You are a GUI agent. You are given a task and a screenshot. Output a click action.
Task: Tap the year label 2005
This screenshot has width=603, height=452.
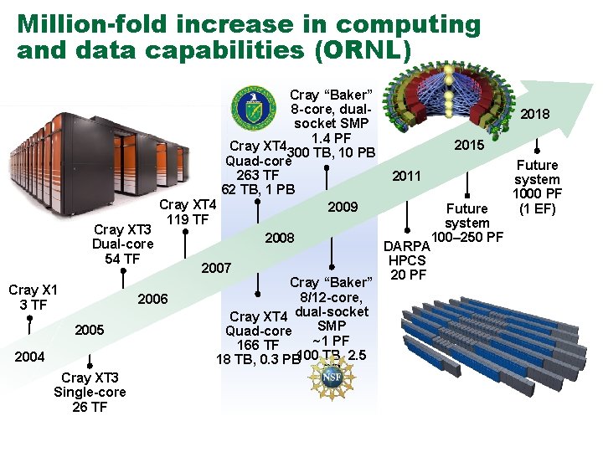[90, 330]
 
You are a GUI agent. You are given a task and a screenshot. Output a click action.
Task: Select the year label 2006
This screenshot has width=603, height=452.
[152, 300]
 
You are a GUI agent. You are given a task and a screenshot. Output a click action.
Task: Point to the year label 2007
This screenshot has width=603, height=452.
[216, 269]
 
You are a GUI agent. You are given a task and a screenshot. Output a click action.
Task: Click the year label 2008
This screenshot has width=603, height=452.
[280, 239]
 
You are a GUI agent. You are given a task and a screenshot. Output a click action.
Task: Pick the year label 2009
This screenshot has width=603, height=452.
[343, 208]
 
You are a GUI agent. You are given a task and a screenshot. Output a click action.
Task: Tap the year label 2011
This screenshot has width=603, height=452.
[407, 177]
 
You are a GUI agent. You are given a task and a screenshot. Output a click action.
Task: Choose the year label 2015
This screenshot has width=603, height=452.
[469, 146]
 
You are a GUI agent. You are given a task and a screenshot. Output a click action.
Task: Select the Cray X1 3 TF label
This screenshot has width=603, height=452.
[33, 297]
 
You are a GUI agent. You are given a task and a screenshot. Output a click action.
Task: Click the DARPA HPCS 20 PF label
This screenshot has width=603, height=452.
[407, 260]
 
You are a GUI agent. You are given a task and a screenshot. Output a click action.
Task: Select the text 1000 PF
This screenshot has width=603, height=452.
[537, 194]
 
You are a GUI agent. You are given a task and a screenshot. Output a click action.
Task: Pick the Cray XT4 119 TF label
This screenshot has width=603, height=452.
[188, 213]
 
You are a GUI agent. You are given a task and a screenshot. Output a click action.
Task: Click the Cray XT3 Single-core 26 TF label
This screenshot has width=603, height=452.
[90, 393]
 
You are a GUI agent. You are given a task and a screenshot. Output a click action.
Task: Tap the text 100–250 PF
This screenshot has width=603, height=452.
[466, 238]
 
